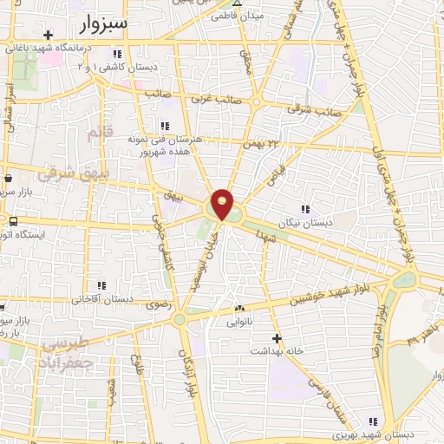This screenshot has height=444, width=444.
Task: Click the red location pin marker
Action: (x=224, y=203)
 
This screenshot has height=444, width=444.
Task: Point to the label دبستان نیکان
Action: (x=304, y=222)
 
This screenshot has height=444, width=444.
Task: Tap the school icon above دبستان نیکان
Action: (x=304, y=208)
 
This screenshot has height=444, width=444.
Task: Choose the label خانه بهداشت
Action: (x=277, y=351)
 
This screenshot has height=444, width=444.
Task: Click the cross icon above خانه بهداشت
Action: (x=277, y=338)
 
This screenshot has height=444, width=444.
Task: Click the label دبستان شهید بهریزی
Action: (x=373, y=434)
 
